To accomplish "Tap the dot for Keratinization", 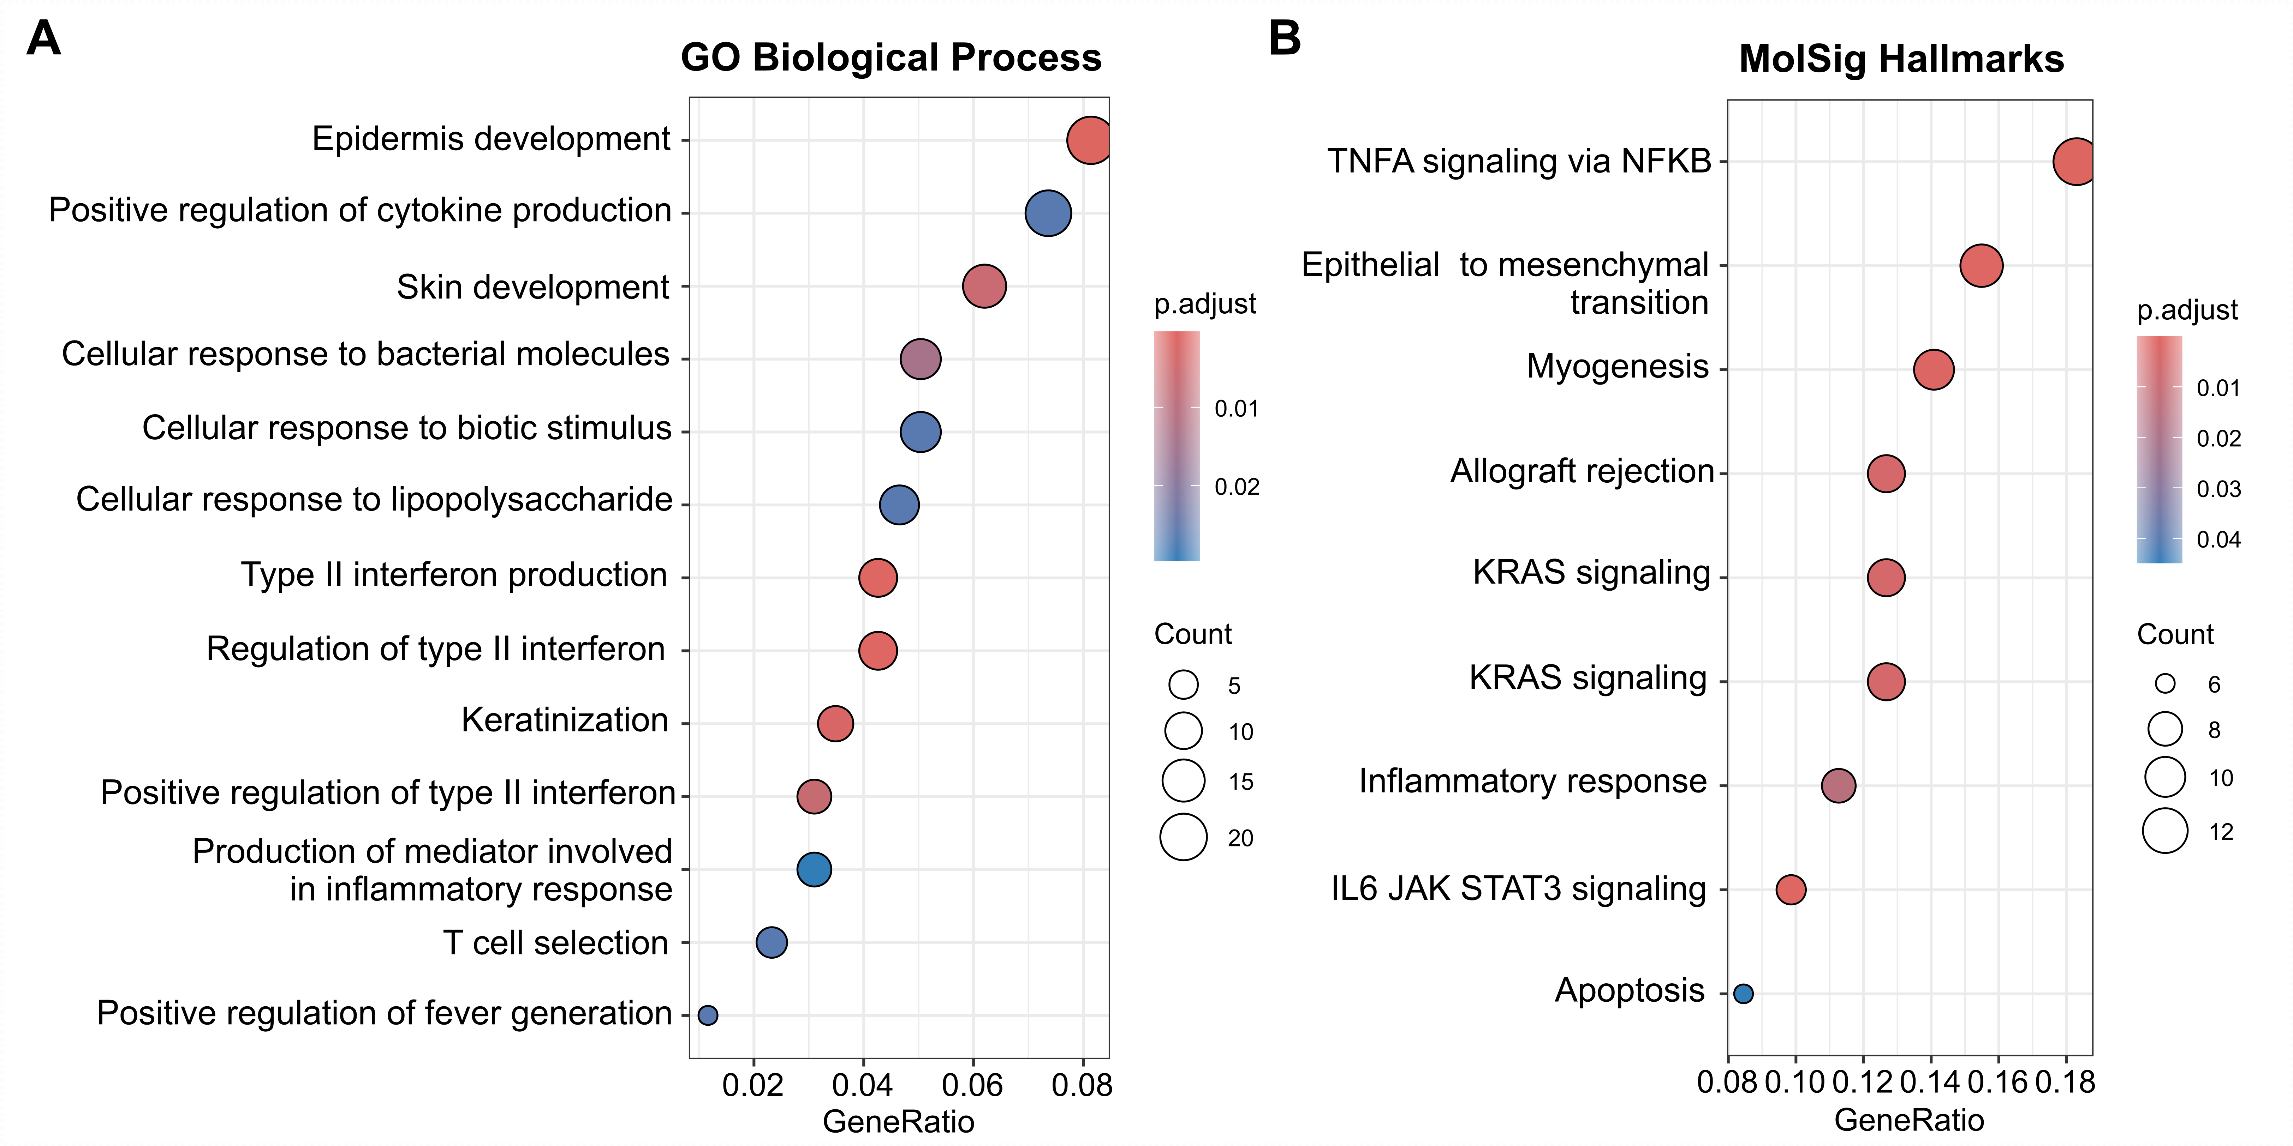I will pos(835,723).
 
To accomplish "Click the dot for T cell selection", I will pos(771,942).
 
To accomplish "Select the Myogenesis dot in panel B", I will pos(1934,369).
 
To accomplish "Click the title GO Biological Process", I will pos(891,58).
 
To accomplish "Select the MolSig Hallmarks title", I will pos(1901,60).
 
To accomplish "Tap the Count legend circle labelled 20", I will pos(1183,837).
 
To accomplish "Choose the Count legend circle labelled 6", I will pos(2165,683).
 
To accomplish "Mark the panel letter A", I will pos(44,39).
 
